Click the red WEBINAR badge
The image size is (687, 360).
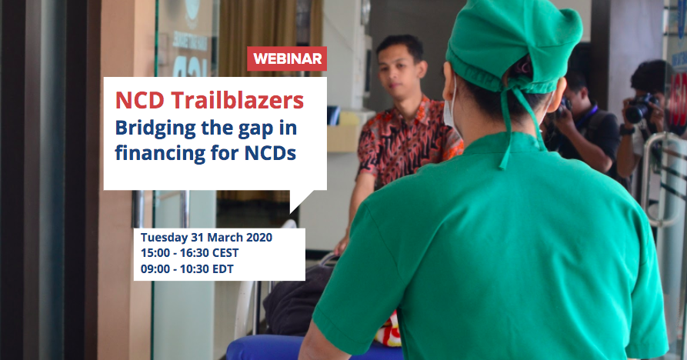286,58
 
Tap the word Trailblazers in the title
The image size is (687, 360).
237,100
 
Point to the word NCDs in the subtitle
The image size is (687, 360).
270,153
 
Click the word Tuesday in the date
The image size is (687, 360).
164,238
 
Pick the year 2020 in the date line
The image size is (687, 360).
259,238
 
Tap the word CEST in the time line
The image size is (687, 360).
225,253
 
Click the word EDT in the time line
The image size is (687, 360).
223,269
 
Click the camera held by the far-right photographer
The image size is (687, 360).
641,108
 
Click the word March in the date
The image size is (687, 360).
224,238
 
